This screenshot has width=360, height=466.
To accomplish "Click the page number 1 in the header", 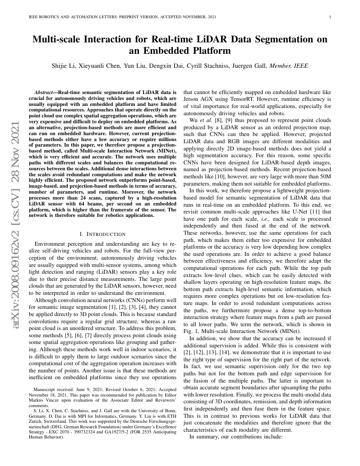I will pyautogui.click(x=330, y=17).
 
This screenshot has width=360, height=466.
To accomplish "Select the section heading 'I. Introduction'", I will pyautogui.click(x=102, y=234).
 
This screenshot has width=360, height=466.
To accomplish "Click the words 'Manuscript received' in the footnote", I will pyautogui.click(x=50, y=388).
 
